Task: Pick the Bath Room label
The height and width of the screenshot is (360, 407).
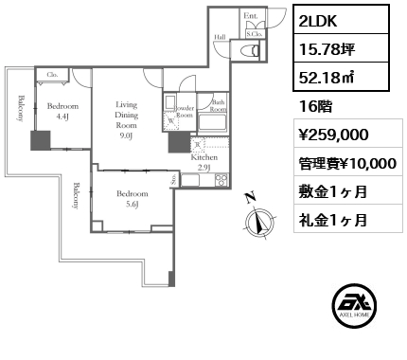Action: (218, 106)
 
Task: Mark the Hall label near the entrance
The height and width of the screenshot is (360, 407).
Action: (220, 39)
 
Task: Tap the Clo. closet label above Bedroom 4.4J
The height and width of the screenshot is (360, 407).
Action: (53, 74)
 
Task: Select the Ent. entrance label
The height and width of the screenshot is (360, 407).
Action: (250, 16)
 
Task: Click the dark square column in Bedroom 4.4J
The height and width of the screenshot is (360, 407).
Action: (41, 141)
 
